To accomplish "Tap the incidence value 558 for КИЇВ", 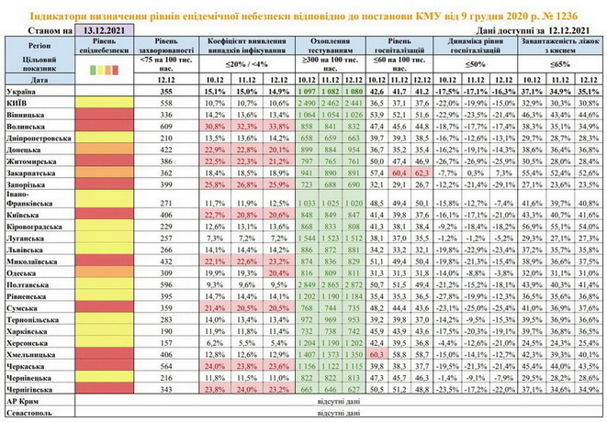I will (x=165, y=105).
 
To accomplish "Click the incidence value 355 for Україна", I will (x=165, y=92).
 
